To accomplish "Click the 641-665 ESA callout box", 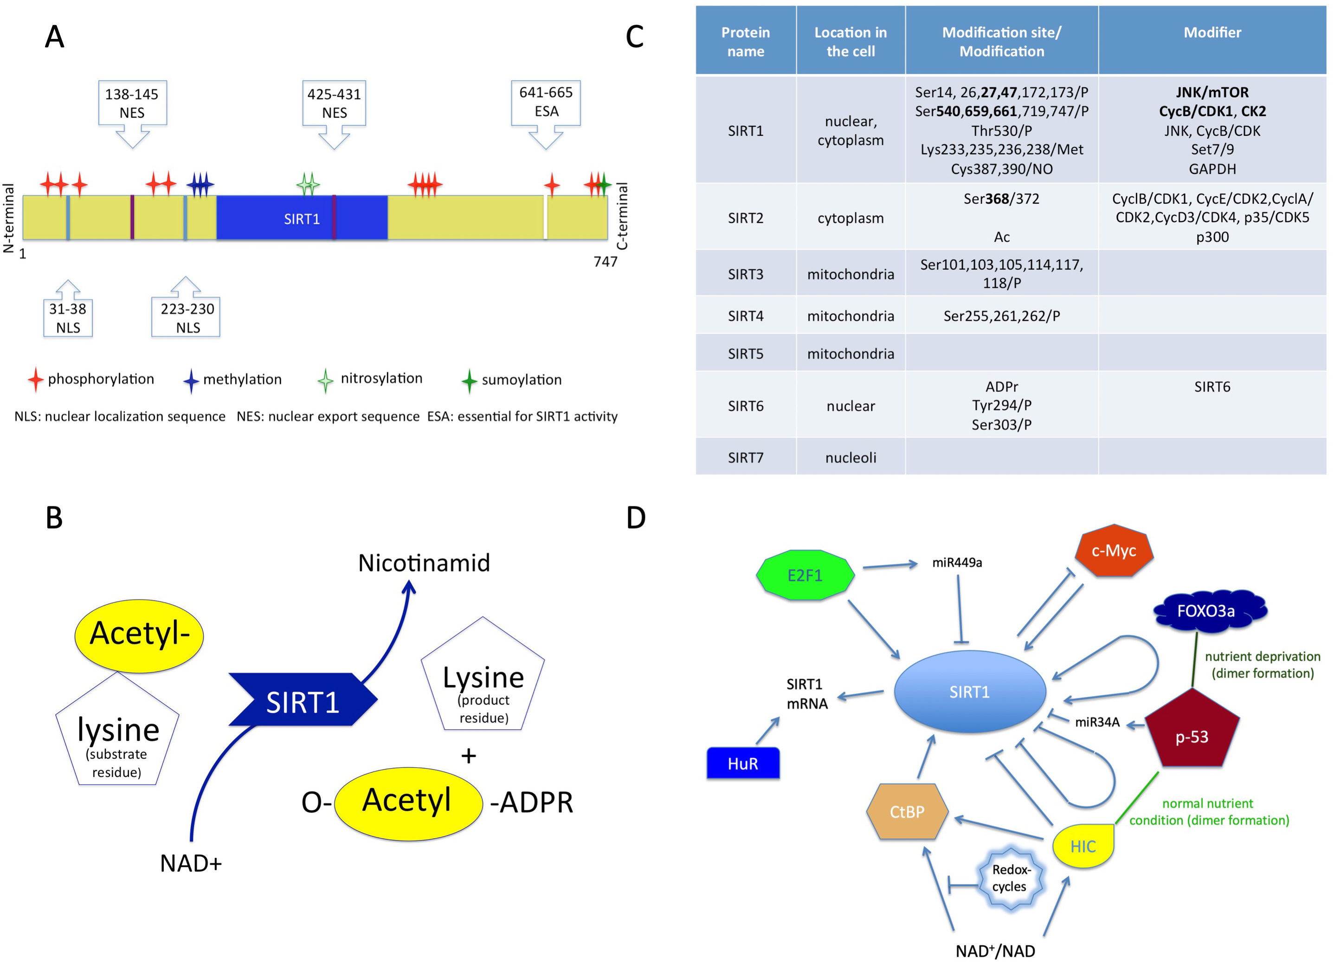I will tap(545, 103).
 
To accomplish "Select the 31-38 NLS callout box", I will tap(68, 318).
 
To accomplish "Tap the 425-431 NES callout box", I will tap(334, 103).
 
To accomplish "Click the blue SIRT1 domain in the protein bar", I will tap(302, 218).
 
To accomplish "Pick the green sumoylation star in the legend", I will tap(469, 381).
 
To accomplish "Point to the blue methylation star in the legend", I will tap(191, 381).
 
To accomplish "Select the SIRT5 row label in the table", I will tap(745, 354).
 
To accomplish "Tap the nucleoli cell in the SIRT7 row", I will tap(851, 458).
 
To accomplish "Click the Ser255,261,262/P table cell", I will tap(1001, 316).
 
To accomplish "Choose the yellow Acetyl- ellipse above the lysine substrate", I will tap(139, 635).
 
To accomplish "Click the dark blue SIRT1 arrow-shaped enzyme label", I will tap(303, 700).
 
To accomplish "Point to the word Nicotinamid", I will tap(424, 563).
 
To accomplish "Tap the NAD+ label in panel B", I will tap(191, 863).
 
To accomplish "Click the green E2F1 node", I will tap(805, 575).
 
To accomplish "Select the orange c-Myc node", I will tap(1114, 551).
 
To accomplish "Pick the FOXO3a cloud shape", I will tap(1206, 611).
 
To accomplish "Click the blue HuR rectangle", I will tap(743, 763).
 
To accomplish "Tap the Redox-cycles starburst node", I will tap(1011, 878).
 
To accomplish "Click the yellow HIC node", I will tap(1082, 846).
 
